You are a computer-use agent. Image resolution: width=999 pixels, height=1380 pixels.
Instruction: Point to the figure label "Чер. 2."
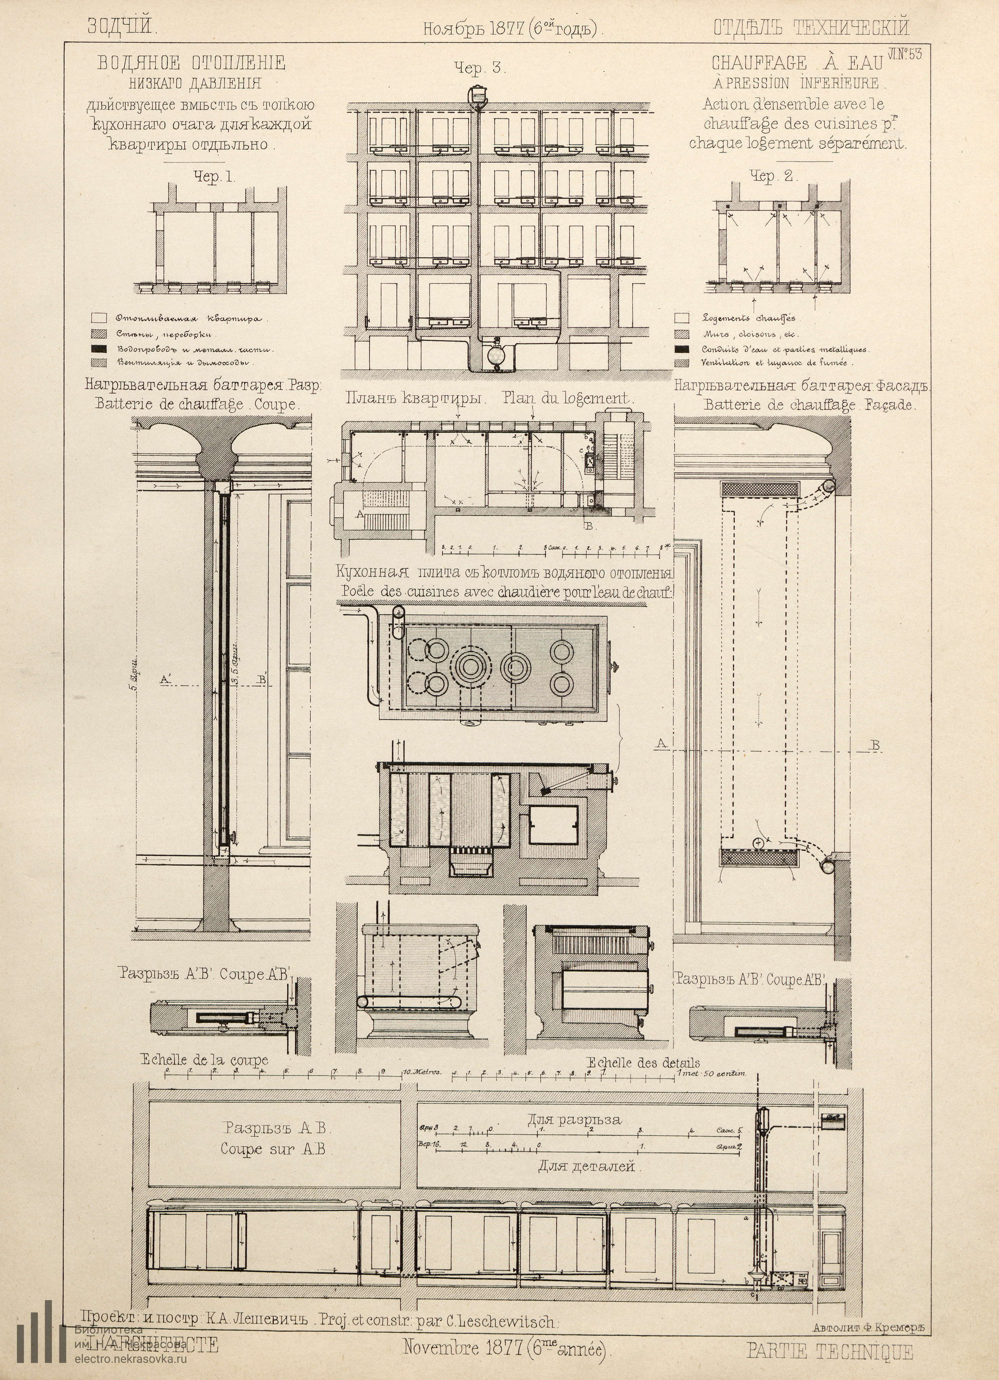pyautogui.click(x=773, y=176)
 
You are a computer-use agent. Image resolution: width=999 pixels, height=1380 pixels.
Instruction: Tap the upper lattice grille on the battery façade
pyautogui.click(x=760, y=488)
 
